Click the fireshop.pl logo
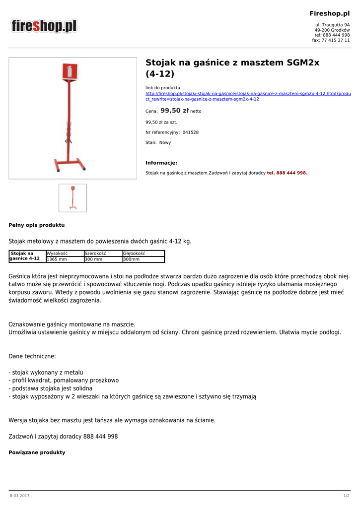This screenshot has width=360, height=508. pos(44,26)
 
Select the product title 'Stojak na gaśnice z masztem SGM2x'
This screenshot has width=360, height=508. pos(232,63)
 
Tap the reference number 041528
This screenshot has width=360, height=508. pos(190,132)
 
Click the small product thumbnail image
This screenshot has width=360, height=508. pos(72,198)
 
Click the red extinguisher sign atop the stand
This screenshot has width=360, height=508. pos(72,71)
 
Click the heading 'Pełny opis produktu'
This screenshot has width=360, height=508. pos(37,225)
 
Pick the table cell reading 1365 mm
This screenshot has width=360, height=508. pos(57,259)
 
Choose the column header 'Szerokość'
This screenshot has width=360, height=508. pos(95,254)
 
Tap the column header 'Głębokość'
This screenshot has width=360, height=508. pos(134,254)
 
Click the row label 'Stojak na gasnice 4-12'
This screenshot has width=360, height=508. pos(26,256)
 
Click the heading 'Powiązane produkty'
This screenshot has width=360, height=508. pos(37,452)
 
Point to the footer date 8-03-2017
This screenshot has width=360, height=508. pos(19,496)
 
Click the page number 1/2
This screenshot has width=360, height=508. pos(346,496)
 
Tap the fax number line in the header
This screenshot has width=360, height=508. pos(331,40)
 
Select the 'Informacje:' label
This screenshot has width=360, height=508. pos(161,163)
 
